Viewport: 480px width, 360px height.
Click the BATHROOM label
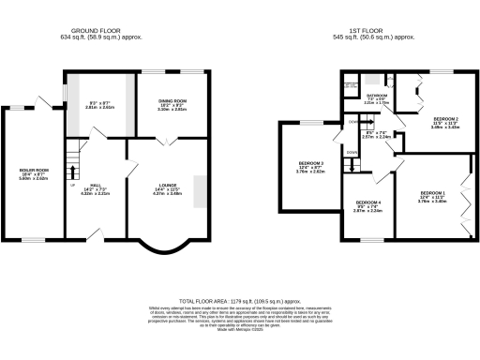tap(377, 96)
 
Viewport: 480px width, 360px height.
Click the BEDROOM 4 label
tap(368, 202)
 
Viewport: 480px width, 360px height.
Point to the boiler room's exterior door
tap(40, 100)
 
